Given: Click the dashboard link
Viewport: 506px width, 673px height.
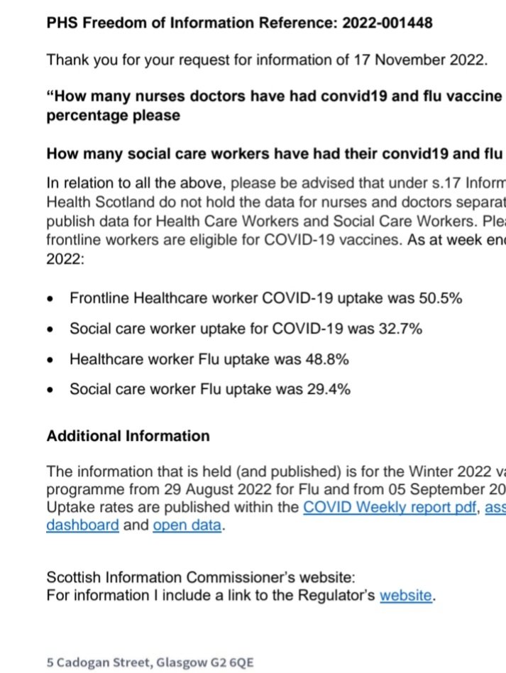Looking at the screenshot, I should click(82, 526).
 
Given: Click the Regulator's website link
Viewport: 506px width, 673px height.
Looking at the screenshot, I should click(405, 595).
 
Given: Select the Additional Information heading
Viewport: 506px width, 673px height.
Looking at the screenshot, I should click(128, 436).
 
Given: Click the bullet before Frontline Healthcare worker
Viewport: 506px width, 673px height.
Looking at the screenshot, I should click(50, 299).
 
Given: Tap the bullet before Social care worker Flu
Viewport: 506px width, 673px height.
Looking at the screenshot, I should click(50, 390).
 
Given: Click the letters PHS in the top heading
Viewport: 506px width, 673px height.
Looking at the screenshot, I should click(61, 23).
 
